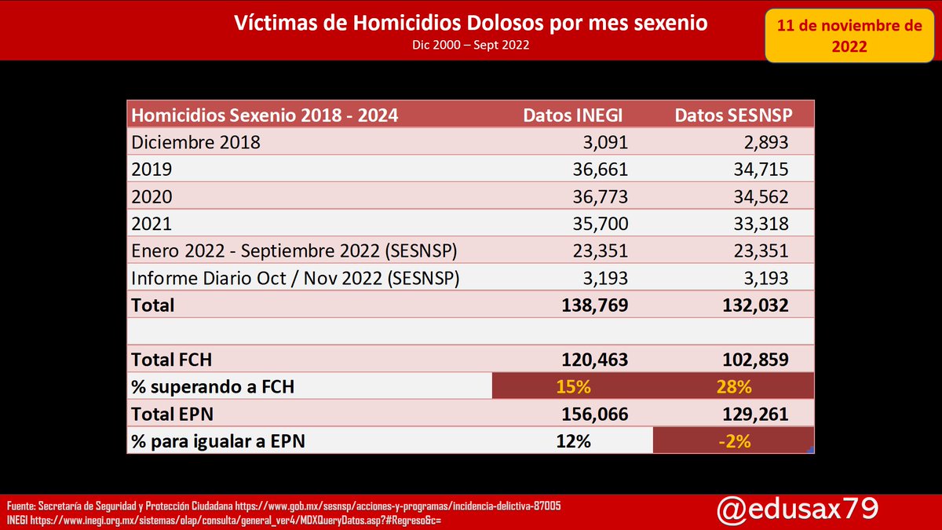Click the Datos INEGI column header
coord(573,115)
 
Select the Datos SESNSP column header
coord(733,115)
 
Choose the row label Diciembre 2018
coord(195,143)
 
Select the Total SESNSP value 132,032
coord(754,305)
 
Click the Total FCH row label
coord(172,360)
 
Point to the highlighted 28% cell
coord(732,387)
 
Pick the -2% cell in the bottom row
coord(733,441)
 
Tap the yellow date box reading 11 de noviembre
coord(849,36)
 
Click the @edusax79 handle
coord(797,510)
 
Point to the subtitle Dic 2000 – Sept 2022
coord(471,45)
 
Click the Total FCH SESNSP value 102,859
coord(754,360)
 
